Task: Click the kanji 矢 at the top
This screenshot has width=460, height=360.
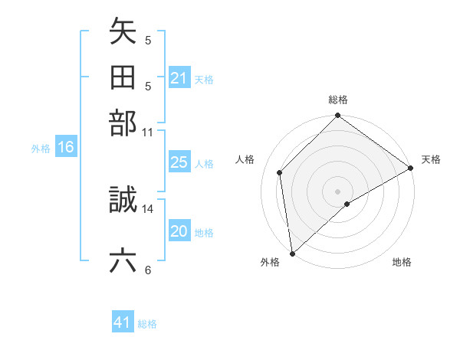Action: [123, 33]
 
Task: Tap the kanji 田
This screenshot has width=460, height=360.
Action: [123, 77]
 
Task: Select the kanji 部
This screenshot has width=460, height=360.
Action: [123, 123]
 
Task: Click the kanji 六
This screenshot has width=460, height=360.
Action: [123, 261]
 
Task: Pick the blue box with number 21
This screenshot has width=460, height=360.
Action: [179, 78]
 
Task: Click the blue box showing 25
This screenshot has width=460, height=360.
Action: [179, 163]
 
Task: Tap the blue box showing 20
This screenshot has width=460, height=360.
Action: [179, 232]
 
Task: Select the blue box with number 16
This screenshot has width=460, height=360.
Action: [66, 148]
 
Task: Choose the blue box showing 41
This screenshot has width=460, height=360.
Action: [123, 322]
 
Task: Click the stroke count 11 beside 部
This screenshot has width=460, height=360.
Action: [148, 132]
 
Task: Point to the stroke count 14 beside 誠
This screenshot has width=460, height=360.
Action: [148, 208]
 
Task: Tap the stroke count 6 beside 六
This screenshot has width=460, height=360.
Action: [148, 270]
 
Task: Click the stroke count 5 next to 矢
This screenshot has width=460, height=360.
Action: [148, 40]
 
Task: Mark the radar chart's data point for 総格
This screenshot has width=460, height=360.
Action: [337, 116]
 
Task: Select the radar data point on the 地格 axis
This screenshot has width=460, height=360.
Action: [347, 204]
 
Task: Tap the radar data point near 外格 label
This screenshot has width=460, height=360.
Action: [292, 253]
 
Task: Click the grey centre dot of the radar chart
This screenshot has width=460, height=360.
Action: [337, 190]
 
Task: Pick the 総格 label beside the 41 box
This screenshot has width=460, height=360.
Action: [147, 324]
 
